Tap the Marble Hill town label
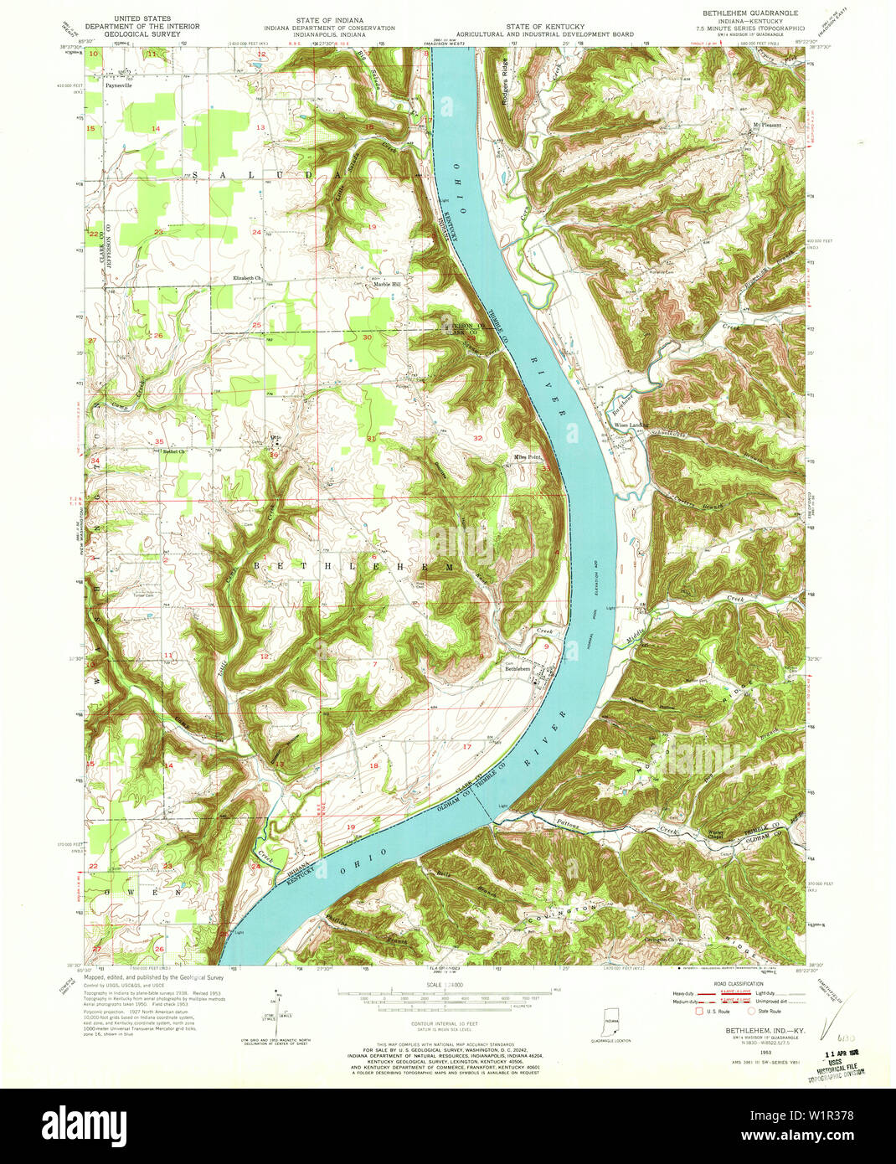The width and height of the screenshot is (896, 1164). click(387, 284)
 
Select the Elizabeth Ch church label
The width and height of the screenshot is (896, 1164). click(248, 277)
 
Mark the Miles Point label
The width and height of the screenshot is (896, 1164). click(528, 456)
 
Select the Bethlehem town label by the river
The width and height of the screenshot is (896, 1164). click(518, 669)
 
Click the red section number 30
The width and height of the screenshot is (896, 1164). click(367, 337)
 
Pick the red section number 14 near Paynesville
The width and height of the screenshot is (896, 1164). click(156, 127)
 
